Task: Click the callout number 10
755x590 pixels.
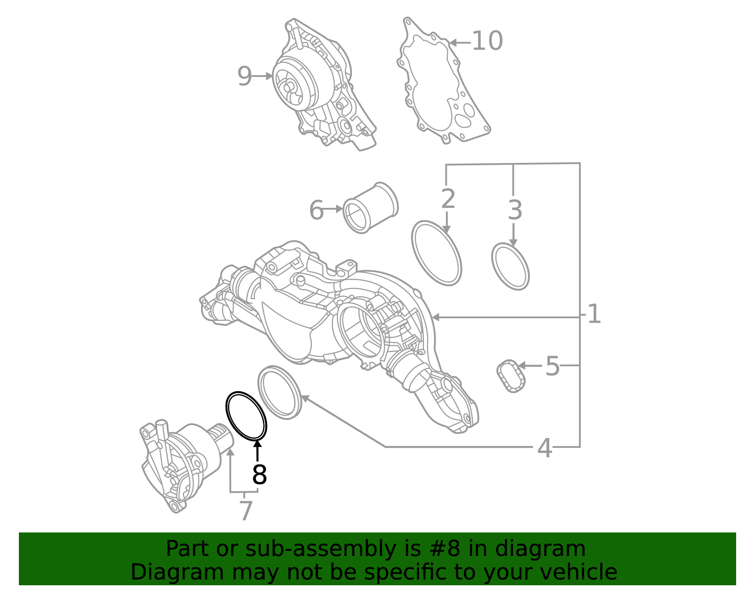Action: [487, 41]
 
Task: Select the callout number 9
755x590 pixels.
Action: [244, 76]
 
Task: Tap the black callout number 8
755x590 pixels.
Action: [260, 475]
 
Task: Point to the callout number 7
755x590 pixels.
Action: [246, 511]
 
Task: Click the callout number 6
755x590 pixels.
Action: [316, 210]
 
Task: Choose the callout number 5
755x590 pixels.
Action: [552, 366]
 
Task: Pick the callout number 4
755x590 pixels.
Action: [545, 448]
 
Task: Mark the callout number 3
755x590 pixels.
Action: [515, 210]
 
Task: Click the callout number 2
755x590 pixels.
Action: [448, 199]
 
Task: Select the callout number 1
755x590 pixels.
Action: [594, 314]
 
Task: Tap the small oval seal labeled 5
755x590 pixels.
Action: [511, 376]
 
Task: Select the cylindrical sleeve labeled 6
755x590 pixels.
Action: [370, 208]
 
